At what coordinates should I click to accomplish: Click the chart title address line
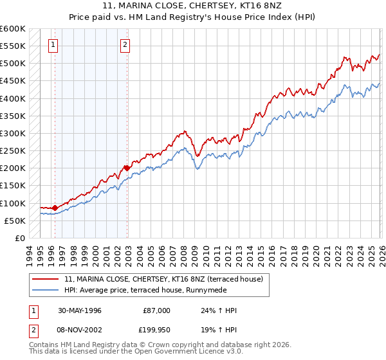[x=192, y=5]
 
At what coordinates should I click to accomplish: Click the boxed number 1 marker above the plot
[x=52, y=44]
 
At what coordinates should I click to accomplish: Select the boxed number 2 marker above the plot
[x=125, y=44]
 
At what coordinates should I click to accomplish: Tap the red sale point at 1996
[x=55, y=208]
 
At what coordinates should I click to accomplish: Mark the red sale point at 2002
[x=127, y=168]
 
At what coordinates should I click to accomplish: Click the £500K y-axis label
[x=13, y=64]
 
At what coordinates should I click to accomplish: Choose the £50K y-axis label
[x=15, y=221]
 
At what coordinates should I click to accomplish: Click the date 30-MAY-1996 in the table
[x=79, y=310]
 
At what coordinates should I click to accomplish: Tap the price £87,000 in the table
[x=156, y=310]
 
